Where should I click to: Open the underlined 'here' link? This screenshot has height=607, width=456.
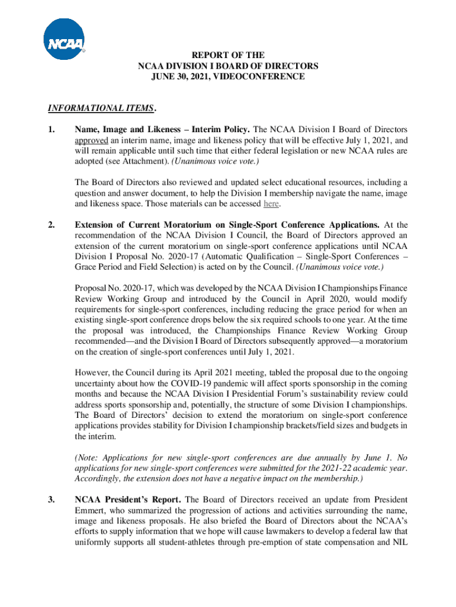pos(271,204)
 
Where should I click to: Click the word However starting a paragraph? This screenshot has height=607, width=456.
pos(92,372)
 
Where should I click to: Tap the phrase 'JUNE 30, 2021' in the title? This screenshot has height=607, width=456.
pos(179,76)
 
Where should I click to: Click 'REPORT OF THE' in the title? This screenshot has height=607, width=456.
pos(227,55)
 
